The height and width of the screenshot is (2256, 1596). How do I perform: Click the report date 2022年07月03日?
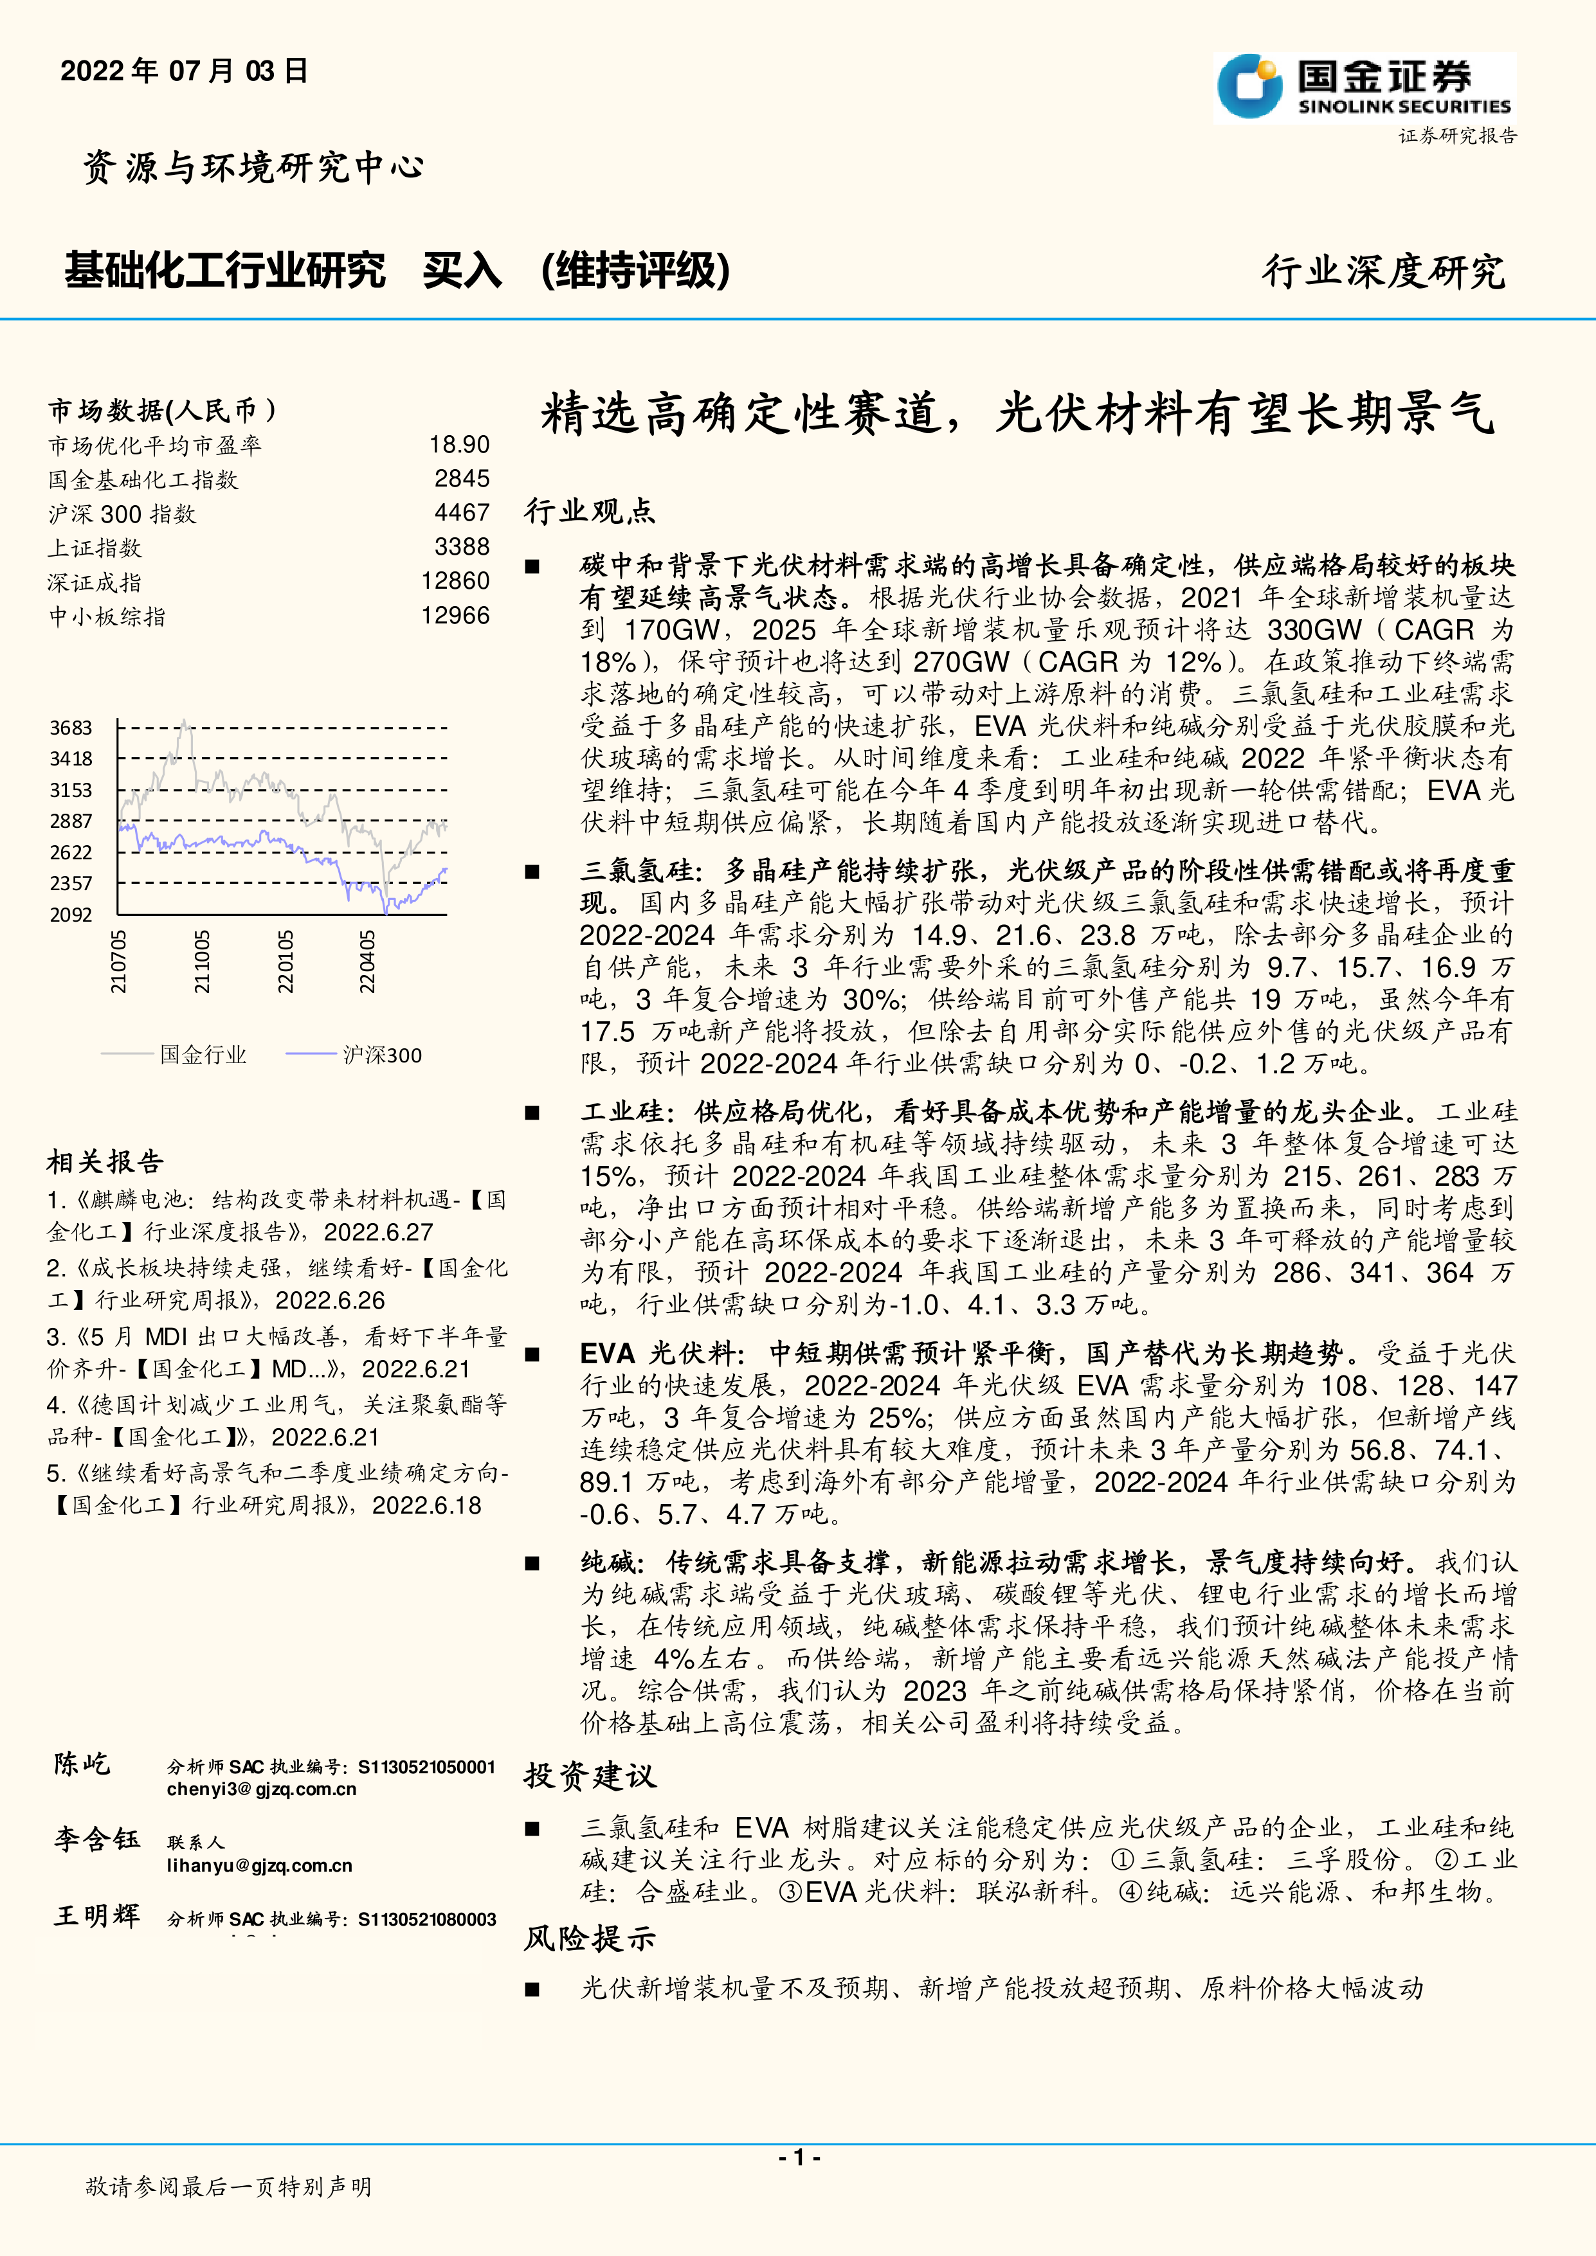click(185, 71)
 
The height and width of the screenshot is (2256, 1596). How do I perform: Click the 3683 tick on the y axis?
click(71, 728)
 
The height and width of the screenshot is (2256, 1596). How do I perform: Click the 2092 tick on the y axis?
click(71, 915)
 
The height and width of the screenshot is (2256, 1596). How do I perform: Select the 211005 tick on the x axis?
click(201, 962)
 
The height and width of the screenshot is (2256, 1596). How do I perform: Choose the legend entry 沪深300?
click(381, 1055)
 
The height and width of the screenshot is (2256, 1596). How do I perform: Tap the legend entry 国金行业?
click(203, 1055)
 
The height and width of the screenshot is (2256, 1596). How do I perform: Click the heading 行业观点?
click(588, 511)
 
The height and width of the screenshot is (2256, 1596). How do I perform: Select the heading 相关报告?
click(105, 1161)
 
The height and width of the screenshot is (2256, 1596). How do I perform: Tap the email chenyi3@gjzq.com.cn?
click(262, 1789)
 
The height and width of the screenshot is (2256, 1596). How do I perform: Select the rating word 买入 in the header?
click(462, 270)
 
